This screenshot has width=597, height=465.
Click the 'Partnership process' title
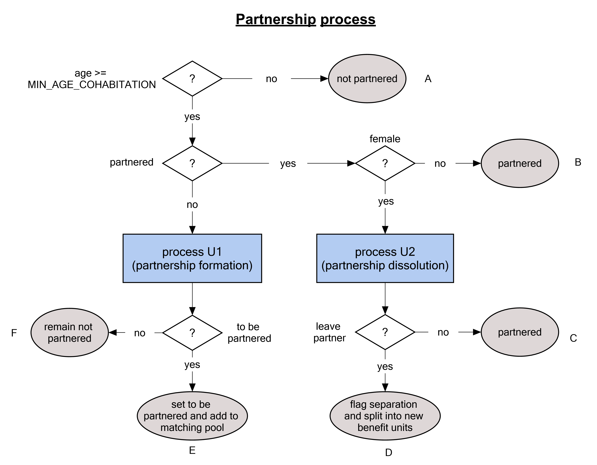click(x=305, y=19)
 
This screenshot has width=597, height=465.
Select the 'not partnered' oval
click(x=367, y=79)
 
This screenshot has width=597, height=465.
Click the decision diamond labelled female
click(x=385, y=163)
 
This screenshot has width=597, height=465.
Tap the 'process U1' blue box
click(x=192, y=258)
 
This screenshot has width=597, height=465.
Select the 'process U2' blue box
click(x=385, y=258)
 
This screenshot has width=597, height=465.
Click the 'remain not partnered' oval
click(x=69, y=333)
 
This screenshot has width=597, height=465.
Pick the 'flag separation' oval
click(x=385, y=416)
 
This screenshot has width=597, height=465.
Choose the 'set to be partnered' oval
click(x=192, y=416)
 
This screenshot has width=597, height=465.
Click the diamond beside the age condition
click(x=192, y=79)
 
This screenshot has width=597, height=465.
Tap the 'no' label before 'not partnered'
click(x=271, y=79)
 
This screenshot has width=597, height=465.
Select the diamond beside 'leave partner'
click(x=385, y=332)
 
